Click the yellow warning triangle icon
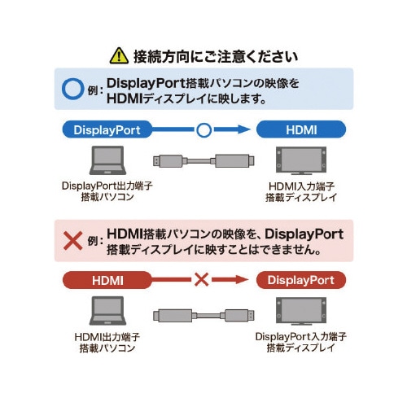[119, 56]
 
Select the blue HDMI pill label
[301, 129]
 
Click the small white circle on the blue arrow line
[203, 129]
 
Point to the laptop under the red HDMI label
[107, 312]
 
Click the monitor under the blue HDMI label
[301, 160]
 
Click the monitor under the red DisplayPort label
[301, 312]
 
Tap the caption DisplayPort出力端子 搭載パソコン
[107, 192]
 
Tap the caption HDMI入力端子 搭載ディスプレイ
[301, 192]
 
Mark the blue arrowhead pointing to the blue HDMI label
[243, 129]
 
